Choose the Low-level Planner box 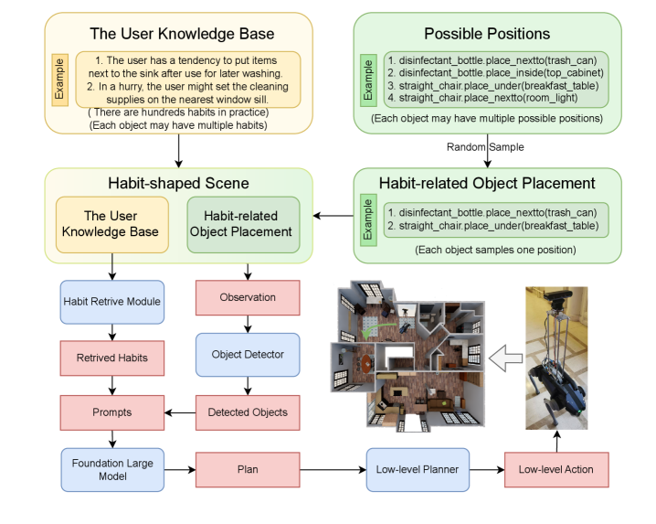tap(418, 470)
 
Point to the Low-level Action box tap(555, 470)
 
